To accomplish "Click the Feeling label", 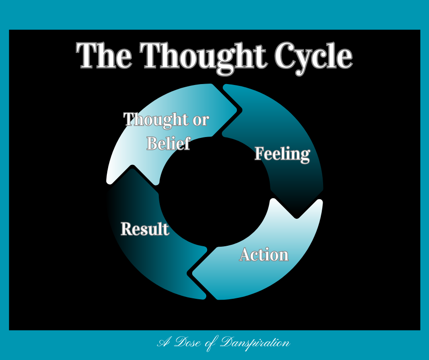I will pyautogui.click(x=282, y=154).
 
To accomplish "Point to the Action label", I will pyautogui.click(x=264, y=254).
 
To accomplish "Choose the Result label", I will pyautogui.click(x=145, y=228).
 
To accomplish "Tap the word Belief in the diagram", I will pyautogui.click(x=168, y=143).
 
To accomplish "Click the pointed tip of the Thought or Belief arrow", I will pyautogui.click(x=237, y=110).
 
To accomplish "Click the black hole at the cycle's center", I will pyautogui.click(x=214, y=192).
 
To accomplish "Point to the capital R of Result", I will pyautogui.click(x=126, y=228).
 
